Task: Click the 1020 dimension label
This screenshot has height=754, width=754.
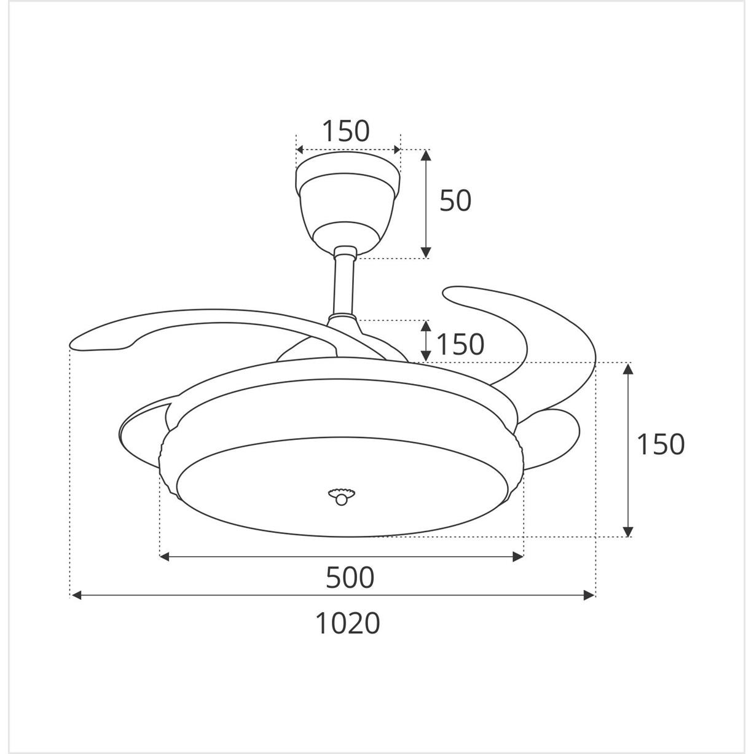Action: coord(348,623)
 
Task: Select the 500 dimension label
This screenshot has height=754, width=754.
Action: coord(350,578)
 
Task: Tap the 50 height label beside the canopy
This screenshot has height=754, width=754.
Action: coord(455,200)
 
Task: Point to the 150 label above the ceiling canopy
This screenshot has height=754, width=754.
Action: coord(346,130)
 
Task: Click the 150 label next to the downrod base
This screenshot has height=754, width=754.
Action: coord(460,344)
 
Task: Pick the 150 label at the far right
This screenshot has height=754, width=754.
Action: coord(660,444)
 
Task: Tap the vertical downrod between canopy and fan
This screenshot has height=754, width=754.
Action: coord(345,286)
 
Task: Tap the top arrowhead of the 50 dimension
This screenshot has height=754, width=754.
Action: coord(426,154)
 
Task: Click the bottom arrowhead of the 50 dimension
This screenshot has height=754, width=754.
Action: coord(426,253)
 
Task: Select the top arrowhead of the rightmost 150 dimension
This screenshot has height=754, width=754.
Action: coord(627,368)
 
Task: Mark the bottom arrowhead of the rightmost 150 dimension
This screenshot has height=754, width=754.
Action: coord(627,532)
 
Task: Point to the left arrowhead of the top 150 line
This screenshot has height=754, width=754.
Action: coord(300,150)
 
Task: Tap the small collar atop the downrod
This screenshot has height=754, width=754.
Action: coord(345,251)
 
